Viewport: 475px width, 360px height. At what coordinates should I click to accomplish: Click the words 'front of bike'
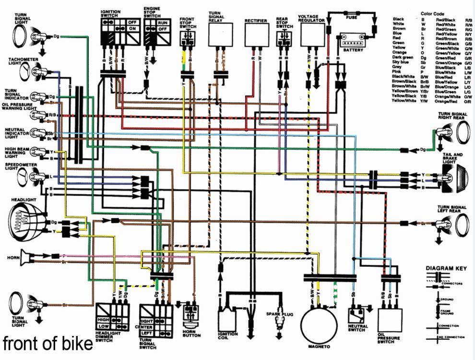pyautogui.click(x=47, y=344)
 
